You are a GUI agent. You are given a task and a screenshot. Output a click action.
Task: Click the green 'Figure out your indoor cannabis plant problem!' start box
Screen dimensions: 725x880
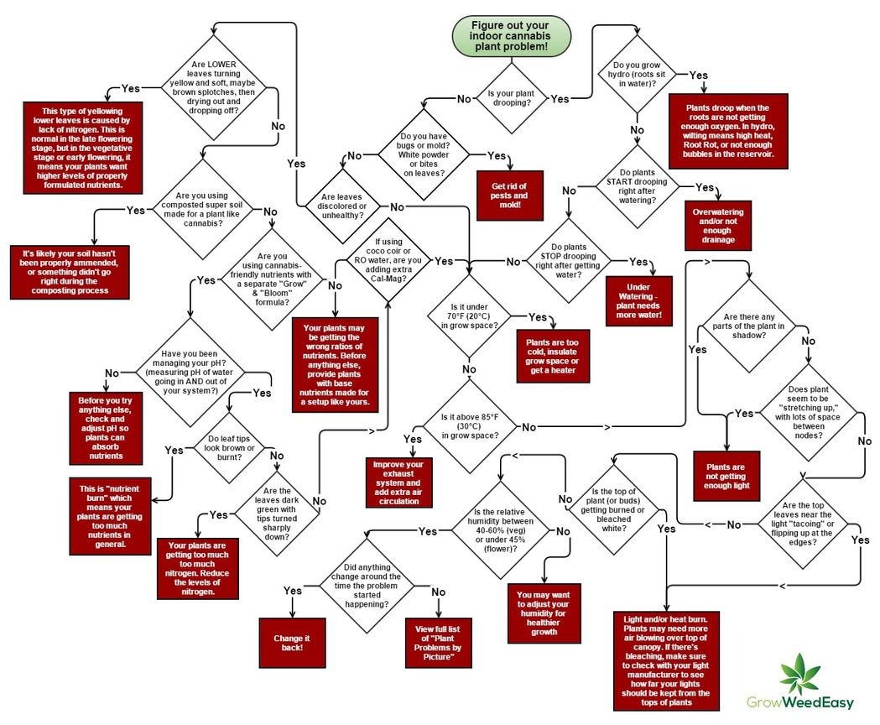(511, 37)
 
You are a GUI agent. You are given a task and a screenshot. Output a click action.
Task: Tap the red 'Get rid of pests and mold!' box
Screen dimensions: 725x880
(510, 196)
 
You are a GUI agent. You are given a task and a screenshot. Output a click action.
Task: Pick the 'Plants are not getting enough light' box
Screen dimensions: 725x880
(726, 476)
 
